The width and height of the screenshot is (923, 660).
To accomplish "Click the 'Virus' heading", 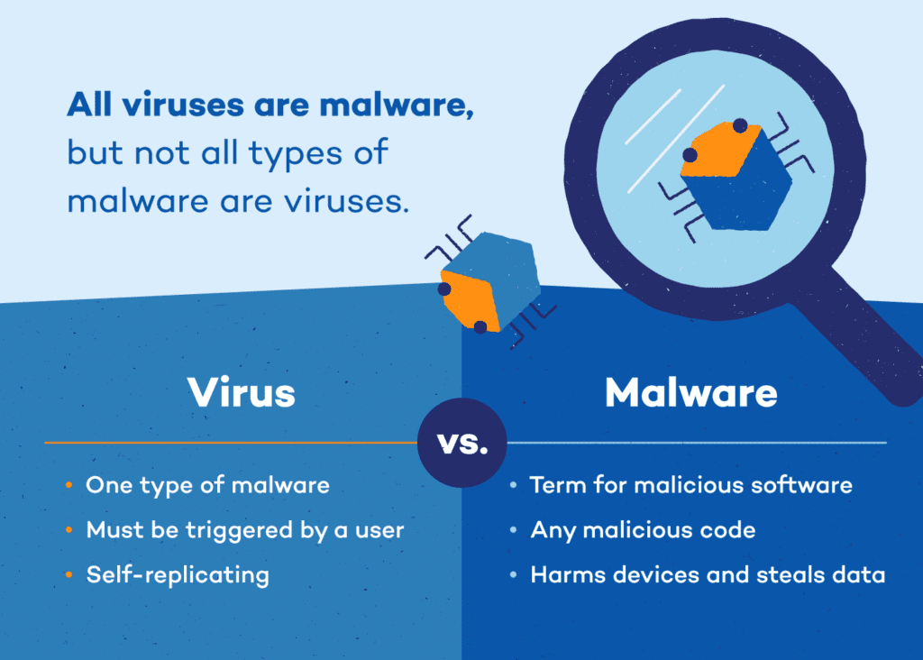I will coord(241,393).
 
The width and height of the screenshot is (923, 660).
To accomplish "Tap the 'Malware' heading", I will coord(690,393).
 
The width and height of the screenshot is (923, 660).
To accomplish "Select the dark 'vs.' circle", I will coord(461,444).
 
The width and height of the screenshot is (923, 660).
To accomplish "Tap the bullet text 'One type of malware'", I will coord(207,485).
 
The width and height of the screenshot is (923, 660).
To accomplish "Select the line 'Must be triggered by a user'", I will coord(244,530).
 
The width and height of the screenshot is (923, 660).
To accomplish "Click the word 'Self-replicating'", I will coord(178,574).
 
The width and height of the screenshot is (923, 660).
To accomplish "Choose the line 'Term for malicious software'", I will coord(690,485).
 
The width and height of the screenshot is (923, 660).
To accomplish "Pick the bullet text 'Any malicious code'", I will coord(643,530).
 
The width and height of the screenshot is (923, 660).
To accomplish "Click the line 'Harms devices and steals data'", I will coord(708,574).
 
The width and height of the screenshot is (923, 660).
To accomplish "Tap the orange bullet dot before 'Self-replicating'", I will coord(69,575).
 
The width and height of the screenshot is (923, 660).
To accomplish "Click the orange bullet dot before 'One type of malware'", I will coord(69,486).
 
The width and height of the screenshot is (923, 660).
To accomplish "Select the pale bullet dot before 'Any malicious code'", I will coord(513,531).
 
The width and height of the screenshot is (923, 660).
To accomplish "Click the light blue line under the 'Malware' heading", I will coord(694,443).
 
